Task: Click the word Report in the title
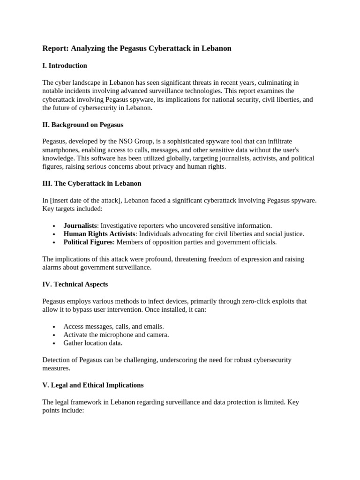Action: pos(54,48)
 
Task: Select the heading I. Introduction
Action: pos(65,66)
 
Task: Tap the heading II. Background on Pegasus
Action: pos(83,125)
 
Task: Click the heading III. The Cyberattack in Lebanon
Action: pos(91,183)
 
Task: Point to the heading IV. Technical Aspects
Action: pos(75,284)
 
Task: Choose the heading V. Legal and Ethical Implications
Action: pos(93,385)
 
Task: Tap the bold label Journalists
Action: pos(80,225)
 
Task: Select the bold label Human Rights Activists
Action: pos(99,234)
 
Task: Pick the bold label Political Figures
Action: pos(88,242)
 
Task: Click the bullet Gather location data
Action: pos(93,343)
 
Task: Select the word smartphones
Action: pos(61,150)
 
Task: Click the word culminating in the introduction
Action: pos(274,82)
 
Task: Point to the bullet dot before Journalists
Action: pos(55,226)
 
